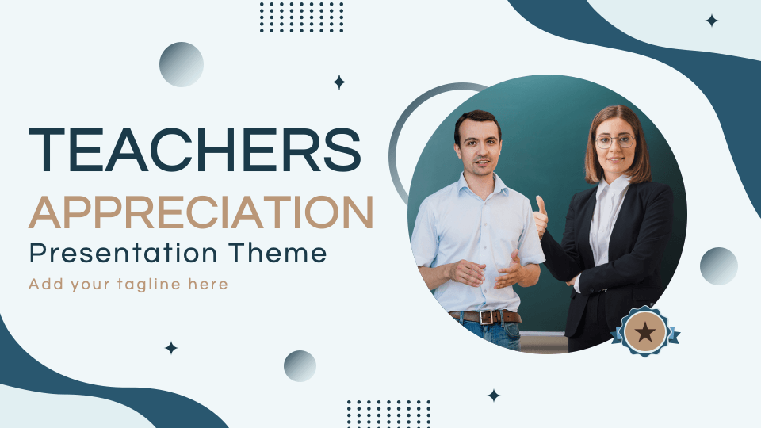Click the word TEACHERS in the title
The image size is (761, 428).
(x=195, y=151)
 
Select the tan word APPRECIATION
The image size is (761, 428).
(x=201, y=212)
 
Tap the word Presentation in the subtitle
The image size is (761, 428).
(x=124, y=253)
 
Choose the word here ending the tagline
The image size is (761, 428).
(x=208, y=284)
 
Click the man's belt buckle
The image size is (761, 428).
(x=487, y=317)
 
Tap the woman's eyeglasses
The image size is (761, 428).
(x=615, y=141)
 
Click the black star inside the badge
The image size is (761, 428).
(x=645, y=332)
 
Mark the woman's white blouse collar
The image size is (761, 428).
(x=613, y=188)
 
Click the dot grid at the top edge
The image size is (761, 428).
(x=301, y=17)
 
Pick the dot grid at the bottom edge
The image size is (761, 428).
(x=388, y=414)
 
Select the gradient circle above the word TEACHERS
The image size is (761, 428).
(x=181, y=64)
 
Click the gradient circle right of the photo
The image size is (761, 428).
(x=719, y=266)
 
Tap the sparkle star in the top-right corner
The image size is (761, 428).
(x=712, y=21)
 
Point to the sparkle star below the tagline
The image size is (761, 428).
(x=171, y=348)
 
